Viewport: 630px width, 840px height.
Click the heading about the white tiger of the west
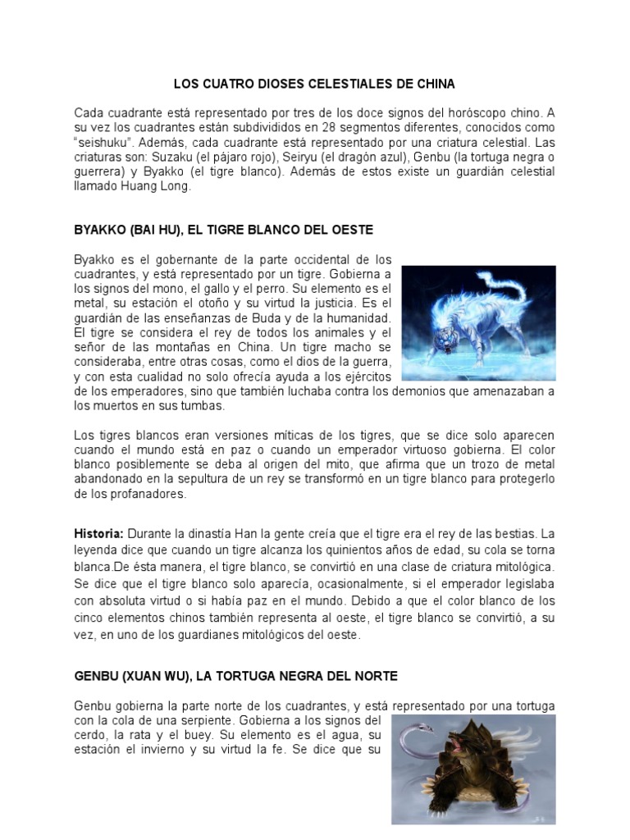click(223, 230)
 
